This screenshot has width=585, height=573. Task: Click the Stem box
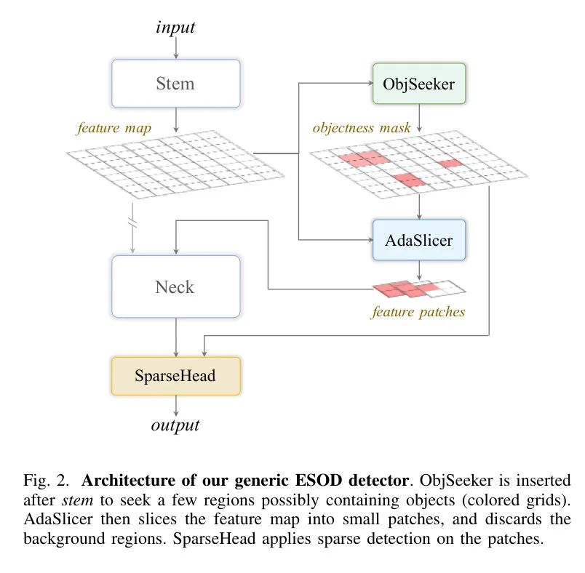pyautogui.click(x=176, y=84)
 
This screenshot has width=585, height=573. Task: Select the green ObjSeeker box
pyautogui.click(x=419, y=84)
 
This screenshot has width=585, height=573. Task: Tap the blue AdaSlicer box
pyautogui.click(x=419, y=240)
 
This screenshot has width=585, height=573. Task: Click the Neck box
pyautogui.click(x=176, y=286)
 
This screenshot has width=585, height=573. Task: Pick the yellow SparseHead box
pyautogui.click(x=176, y=376)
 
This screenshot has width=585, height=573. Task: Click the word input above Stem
pyautogui.click(x=175, y=27)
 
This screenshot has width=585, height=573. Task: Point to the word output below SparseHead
pyautogui.click(x=175, y=425)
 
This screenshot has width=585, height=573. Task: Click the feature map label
pyautogui.click(x=114, y=128)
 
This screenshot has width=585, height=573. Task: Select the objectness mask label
pyautogui.click(x=362, y=128)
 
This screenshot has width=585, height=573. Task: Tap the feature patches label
pyautogui.click(x=418, y=312)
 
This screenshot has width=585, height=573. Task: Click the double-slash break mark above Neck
pyautogui.click(x=132, y=222)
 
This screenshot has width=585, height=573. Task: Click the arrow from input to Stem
pyautogui.click(x=176, y=48)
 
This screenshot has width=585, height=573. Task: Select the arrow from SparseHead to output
pyautogui.click(x=176, y=406)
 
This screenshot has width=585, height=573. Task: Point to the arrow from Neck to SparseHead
pyautogui.click(x=176, y=337)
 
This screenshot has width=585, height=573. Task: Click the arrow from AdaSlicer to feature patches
pyautogui.click(x=419, y=271)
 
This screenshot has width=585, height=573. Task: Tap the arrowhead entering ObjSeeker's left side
pyautogui.click(x=370, y=83)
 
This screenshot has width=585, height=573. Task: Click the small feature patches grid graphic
pyautogui.click(x=419, y=289)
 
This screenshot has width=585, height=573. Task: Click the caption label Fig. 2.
pyautogui.click(x=47, y=481)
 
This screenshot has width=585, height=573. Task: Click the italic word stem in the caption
pyautogui.click(x=78, y=500)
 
